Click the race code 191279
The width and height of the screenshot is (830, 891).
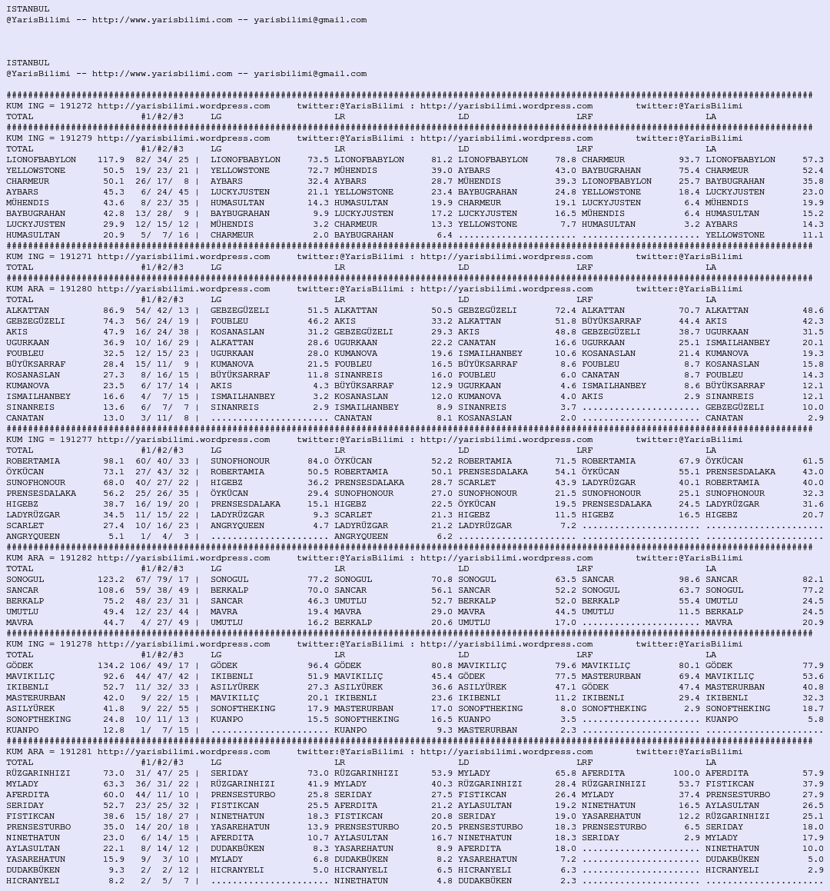tap(76, 138)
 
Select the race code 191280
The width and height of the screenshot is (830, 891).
tap(76, 289)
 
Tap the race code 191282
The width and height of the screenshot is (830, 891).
tap(76, 558)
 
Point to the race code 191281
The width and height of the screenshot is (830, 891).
tap(76, 752)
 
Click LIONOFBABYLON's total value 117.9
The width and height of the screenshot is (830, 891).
tap(111, 160)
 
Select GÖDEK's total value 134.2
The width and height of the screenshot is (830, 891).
tap(111, 666)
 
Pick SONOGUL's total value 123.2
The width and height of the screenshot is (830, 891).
tap(111, 580)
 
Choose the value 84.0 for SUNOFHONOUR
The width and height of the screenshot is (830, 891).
tap(318, 461)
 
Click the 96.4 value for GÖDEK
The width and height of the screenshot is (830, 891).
tap(318, 666)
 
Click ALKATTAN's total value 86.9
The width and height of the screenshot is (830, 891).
tap(114, 311)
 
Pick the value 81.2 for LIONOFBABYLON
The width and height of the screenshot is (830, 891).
tap(442, 160)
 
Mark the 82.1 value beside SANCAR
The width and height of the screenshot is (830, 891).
tap(813, 580)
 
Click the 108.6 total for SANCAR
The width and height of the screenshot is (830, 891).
tap(111, 590)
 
